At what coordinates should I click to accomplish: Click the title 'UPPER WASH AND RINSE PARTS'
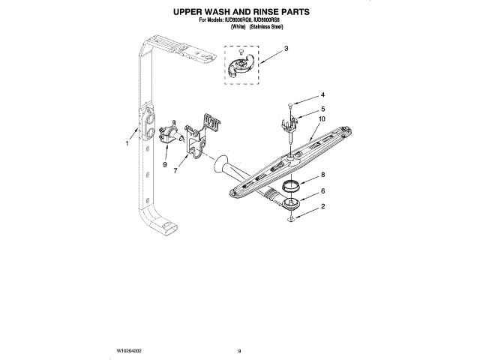[x=241, y=13]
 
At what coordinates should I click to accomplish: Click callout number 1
[x=128, y=142]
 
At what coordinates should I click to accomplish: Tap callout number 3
[x=286, y=49]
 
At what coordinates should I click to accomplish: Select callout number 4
[x=322, y=95]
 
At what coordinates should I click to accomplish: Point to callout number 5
[x=322, y=109]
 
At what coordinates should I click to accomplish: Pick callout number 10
[x=322, y=118]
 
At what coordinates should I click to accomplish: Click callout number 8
[x=322, y=175]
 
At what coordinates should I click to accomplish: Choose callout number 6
[x=322, y=191]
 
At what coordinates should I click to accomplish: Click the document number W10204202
[x=131, y=350]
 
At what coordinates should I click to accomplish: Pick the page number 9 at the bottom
[x=239, y=350]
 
